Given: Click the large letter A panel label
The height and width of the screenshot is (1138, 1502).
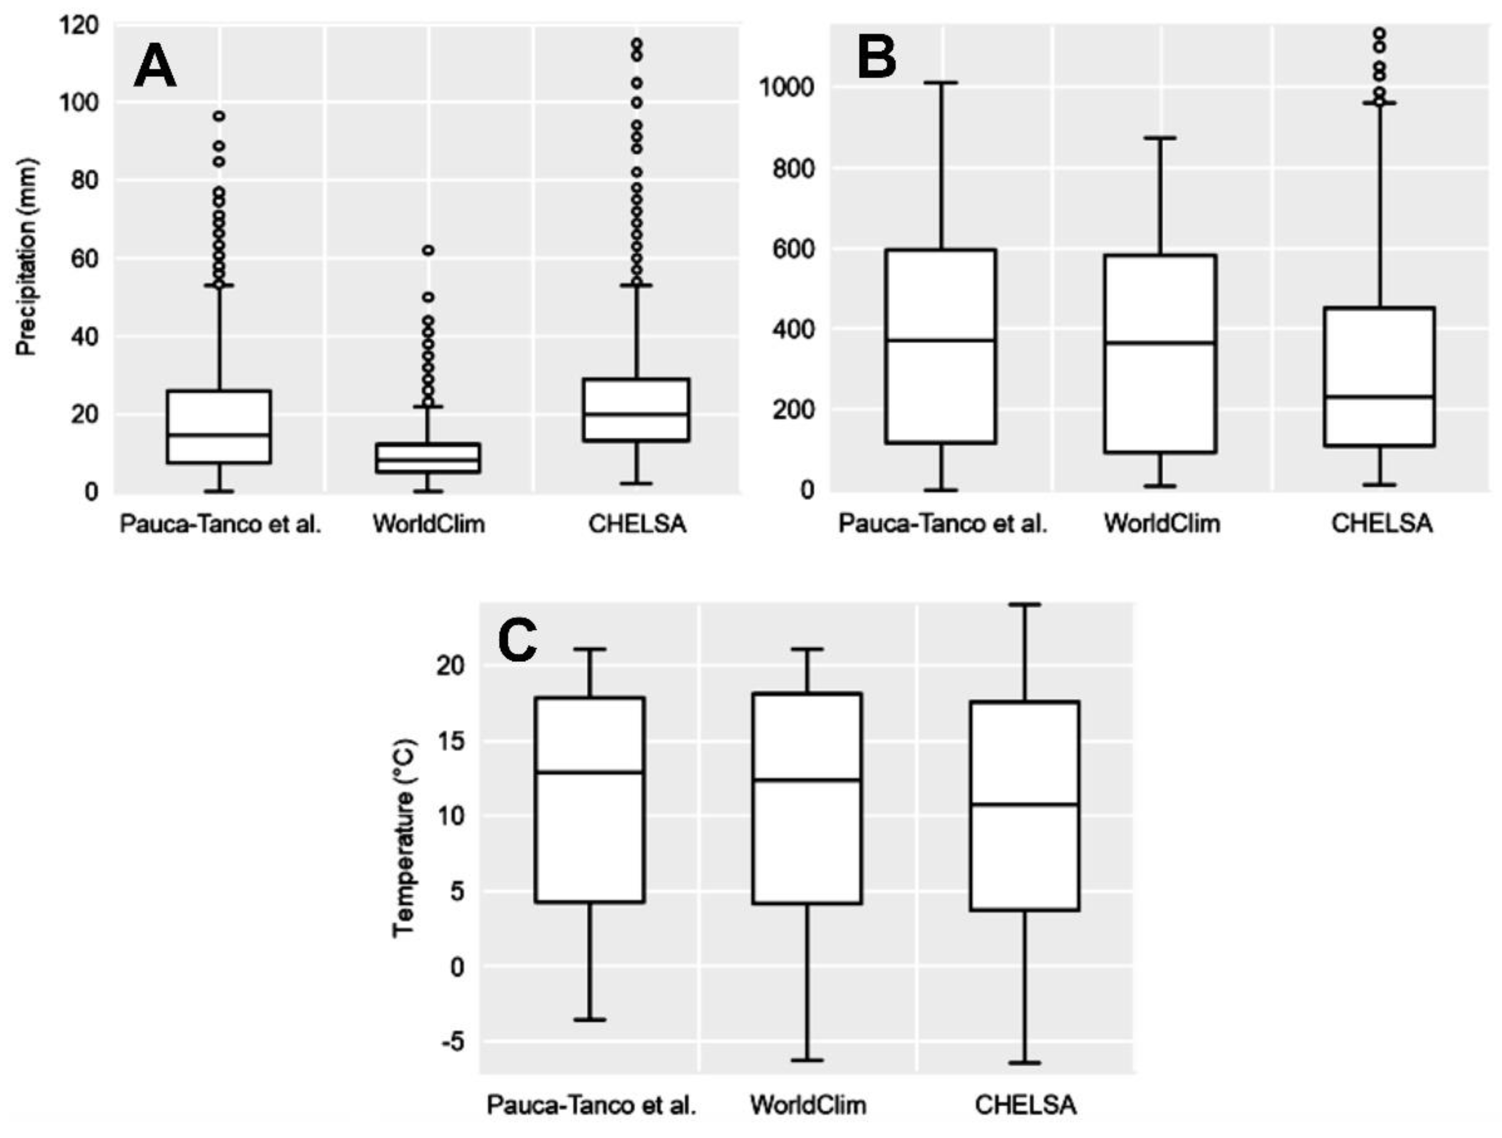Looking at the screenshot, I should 155,68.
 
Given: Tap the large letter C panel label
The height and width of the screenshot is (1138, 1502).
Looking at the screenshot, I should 518,640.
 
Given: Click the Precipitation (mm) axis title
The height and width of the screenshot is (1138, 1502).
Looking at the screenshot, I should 27,257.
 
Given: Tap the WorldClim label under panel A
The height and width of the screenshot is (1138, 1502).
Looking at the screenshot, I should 429,523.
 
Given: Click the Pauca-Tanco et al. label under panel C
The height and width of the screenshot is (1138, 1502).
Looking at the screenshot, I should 591,1105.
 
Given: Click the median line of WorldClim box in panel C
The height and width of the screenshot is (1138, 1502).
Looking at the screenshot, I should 807,780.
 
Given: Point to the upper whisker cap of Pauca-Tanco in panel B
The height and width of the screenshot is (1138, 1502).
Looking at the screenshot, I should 942,83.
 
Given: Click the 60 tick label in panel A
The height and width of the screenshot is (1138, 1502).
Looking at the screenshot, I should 84,258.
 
